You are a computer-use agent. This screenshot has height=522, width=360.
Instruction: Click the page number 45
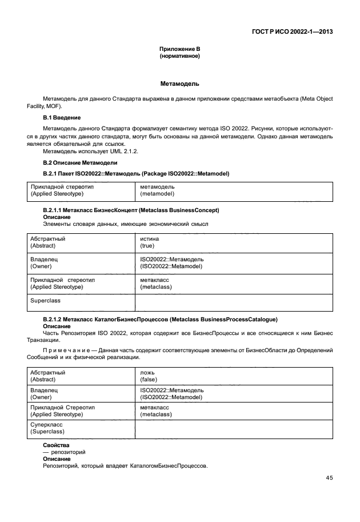click(x=329, y=478)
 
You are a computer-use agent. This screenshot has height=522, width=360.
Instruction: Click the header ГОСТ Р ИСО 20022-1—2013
click(x=293, y=32)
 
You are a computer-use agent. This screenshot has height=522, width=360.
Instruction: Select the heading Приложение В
click(x=179, y=50)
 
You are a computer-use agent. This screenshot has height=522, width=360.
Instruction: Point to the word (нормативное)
click(x=179, y=57)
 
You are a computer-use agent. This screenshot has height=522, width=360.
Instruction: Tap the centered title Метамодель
click(x=179, y=84)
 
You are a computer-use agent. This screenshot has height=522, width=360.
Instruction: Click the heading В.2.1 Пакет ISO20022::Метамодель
click(x=136, y=173)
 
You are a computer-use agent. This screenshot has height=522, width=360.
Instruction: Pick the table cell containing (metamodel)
click(x=157, y=194)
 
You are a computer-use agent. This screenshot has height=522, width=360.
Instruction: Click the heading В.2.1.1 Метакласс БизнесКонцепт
click(x=131, y=210)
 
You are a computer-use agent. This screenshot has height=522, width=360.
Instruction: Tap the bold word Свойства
click(x=56, y=445)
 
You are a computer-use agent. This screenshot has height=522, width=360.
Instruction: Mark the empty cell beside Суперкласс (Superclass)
click(x=233, y=428)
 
